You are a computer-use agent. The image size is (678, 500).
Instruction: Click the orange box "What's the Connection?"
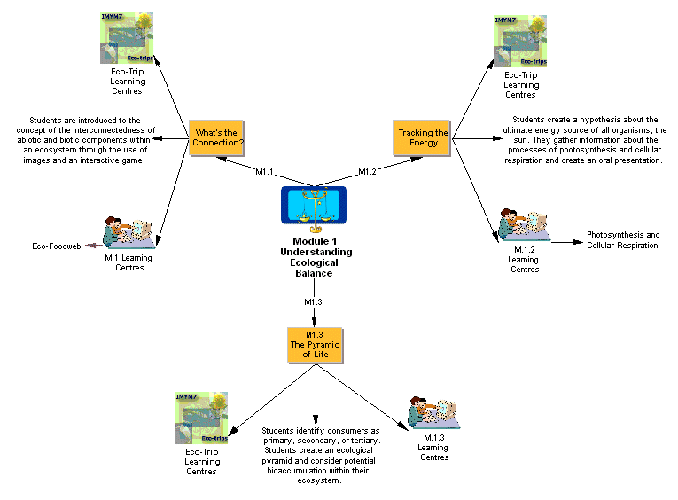tap(218, 138)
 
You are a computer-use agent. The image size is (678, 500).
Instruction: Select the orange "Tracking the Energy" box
tap(423, 138)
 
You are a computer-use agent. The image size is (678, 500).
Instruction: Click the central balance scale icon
tap(313, 208)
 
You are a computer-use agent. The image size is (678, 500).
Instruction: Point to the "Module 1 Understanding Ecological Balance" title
tap(315, 257)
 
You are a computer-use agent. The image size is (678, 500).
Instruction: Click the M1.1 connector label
tap(265, 171)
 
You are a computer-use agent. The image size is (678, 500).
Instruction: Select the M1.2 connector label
tap(368, 171)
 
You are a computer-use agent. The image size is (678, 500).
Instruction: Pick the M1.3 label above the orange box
tap(313, 302)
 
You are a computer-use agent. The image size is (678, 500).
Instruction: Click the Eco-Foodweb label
tap(52, 246)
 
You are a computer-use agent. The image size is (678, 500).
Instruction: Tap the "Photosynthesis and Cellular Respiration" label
tap(622, 240)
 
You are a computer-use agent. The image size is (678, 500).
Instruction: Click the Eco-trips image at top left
tap(126, 39)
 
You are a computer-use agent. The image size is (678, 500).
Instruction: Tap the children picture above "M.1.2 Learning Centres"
tap(523, 225)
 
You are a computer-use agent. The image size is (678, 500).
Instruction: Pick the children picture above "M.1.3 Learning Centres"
tap(433, 412)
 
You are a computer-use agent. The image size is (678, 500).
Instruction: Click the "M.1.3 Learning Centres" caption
tap(433, 447)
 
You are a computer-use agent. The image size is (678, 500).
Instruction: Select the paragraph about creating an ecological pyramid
tap(321, 456)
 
